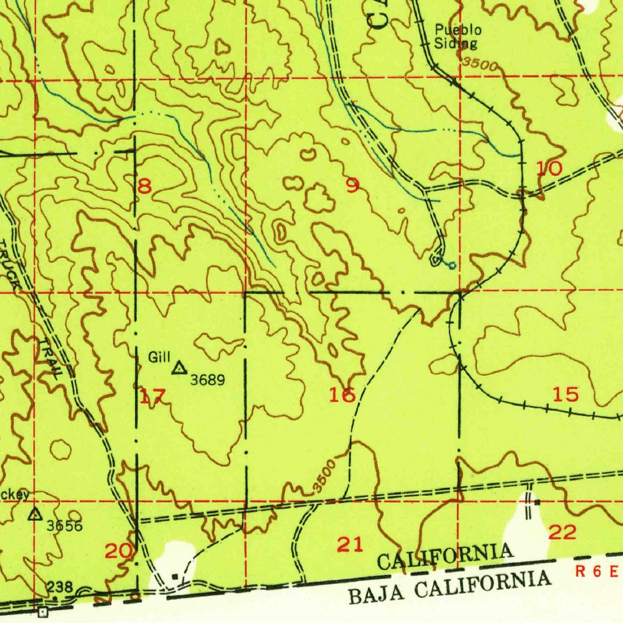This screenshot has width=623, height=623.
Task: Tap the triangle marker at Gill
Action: (179, 367)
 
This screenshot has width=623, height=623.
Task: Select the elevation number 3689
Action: (207, 380)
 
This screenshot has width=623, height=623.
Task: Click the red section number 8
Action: (144, 187)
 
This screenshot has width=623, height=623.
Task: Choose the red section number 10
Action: (549, 169)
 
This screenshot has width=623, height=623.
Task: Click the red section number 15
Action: (566, 394)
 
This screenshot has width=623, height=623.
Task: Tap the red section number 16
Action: (342, 395)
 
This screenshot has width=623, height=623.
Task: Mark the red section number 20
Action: (119, 551)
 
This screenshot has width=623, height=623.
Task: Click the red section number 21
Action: (350, 545)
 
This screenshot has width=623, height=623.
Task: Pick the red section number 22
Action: (562, 533)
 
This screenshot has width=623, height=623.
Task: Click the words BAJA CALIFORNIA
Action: (450, 586)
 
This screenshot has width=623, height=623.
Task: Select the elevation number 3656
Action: (64, 526)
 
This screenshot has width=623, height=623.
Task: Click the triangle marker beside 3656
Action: (35, 515)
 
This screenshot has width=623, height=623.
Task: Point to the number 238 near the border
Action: (60, 587)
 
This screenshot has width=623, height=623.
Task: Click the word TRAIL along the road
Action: (52, 359)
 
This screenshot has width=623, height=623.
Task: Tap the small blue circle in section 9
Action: (451, 265)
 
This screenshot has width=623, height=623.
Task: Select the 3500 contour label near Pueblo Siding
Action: (479, 64)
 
